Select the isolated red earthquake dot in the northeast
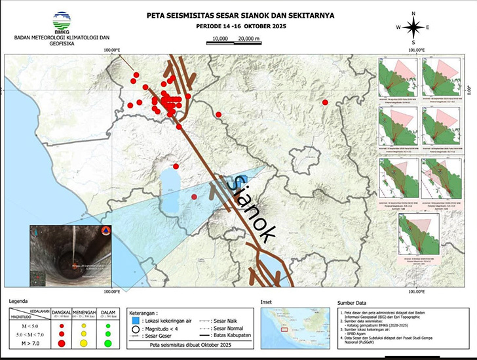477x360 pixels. pos(324,102)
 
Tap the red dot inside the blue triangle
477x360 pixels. pos(194,197)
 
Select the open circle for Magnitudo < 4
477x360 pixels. pos(134,329)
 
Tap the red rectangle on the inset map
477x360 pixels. pos(284,330)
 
